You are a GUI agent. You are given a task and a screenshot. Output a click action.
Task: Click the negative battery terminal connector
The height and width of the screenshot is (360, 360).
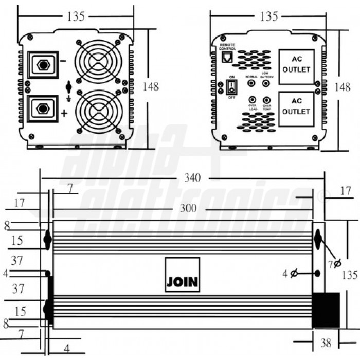click(x=43, y=65)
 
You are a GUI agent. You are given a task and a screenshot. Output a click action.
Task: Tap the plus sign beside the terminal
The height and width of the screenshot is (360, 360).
click(x=64, y=114)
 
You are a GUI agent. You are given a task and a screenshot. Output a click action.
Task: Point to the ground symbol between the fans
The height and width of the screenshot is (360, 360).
click(x=69, y=88)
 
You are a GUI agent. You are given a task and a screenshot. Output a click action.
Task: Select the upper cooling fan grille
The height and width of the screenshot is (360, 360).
click(x=98, y=62)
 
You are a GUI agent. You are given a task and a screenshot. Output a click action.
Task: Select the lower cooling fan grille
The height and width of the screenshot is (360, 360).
click(x=98, y=112)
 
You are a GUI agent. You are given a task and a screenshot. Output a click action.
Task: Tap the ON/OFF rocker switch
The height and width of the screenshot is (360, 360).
click(x=231, y=86)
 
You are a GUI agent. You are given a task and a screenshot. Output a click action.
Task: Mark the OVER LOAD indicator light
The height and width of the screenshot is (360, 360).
click(x=253, y=100)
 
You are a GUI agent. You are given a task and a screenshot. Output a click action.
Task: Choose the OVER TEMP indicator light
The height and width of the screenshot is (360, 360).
click(x=267, y=100)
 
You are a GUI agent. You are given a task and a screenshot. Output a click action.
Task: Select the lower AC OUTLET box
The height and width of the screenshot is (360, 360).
click(x=296, y=109)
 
